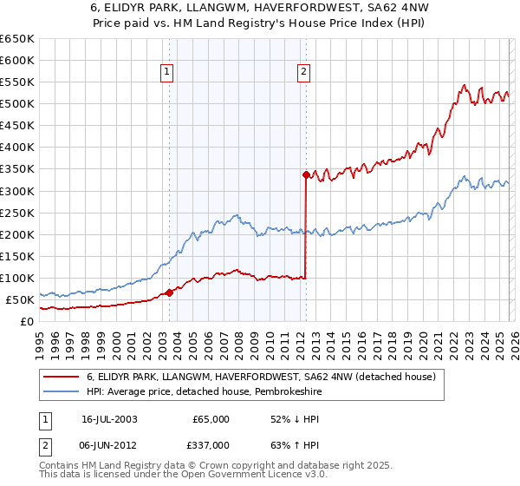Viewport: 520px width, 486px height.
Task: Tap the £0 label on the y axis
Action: tap(26, 321)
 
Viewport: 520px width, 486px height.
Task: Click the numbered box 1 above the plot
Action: tap(166, 73)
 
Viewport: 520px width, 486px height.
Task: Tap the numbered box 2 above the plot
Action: tap(304, 73)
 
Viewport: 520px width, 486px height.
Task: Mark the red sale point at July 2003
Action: tap(170, 292)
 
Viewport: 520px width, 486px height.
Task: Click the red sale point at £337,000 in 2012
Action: tap(306, 174)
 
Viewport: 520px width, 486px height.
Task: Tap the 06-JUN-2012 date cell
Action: tap(109, 444)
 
